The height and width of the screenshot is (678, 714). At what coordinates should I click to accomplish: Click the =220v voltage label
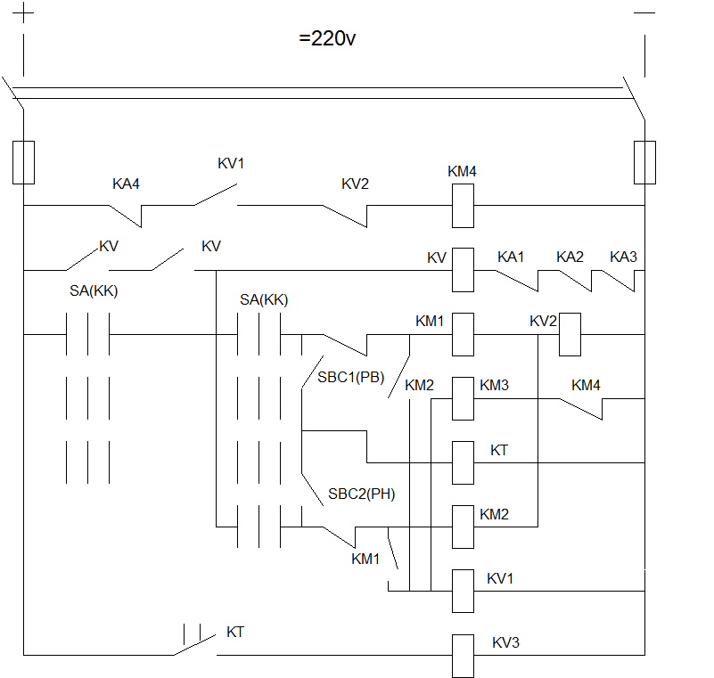(327, 38)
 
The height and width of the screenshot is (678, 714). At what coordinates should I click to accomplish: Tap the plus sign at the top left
(23, 12)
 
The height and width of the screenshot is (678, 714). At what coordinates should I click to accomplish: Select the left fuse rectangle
(23, 162)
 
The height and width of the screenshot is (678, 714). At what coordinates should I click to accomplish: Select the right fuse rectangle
(644, 162)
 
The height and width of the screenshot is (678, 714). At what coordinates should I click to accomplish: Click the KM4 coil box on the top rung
(463, 206)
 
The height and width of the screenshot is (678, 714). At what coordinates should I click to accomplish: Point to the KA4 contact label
(126, 184)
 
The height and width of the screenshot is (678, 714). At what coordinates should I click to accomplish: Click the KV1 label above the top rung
(231, 163)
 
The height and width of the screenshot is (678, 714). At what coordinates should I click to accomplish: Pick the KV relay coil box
(463, 270)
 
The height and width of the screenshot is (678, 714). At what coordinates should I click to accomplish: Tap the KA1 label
(511, 257)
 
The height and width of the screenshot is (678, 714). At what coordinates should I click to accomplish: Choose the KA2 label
(570, 257)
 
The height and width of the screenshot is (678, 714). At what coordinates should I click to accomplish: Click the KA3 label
(623, 257)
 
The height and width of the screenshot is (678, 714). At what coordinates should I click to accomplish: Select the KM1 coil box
(463, 334)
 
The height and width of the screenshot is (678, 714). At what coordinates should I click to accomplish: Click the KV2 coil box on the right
(570, 334)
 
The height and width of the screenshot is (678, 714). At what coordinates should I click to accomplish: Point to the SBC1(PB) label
(350, 377)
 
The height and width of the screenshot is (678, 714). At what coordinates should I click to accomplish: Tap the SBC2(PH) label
(362, 494)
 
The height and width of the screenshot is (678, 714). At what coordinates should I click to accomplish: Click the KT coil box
(463, 462)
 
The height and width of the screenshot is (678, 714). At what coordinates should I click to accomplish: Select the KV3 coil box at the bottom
(463, 656)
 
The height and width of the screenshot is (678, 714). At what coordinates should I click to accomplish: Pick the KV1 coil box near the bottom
(463, 591)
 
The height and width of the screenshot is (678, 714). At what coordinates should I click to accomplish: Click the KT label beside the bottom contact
(235, 632)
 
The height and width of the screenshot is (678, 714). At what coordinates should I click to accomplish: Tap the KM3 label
(494, 386)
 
